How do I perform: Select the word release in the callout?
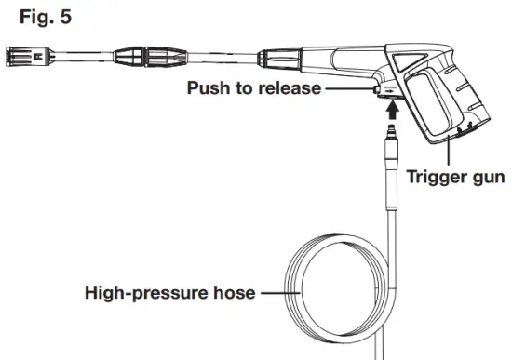click(x=290, y=89)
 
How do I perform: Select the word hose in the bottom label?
click(x=232, y=293)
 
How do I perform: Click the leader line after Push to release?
click(x=354, y=88)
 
